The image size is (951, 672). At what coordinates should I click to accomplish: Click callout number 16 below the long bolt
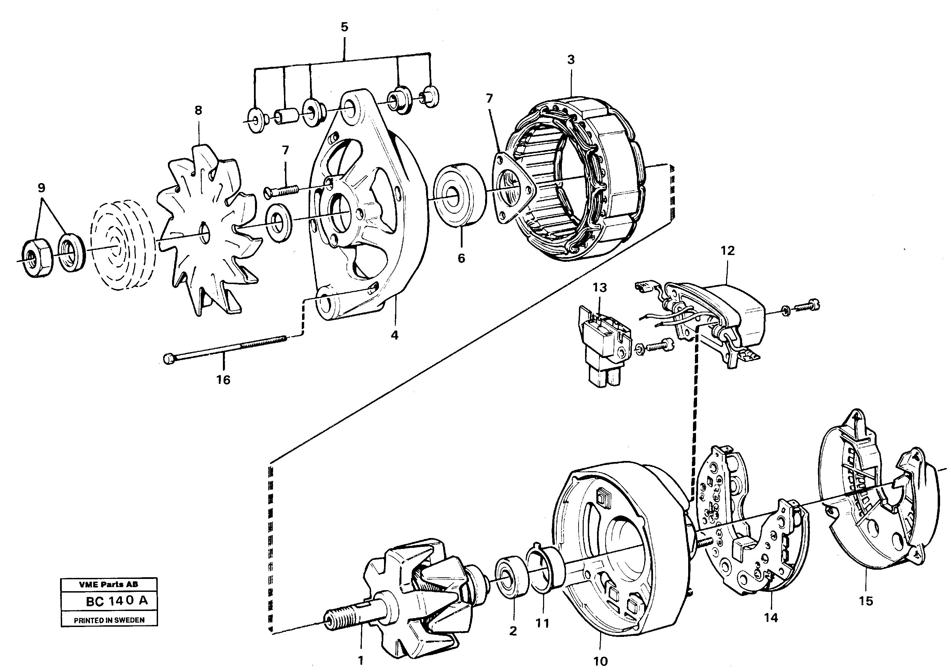point(223,379)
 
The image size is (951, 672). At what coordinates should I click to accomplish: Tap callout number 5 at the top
point(344,27)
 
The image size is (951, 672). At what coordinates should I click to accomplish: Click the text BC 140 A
point(116,601)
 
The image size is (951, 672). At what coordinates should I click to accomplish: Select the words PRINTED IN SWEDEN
point(109,620)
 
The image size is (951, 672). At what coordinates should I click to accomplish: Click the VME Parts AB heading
point(109,584)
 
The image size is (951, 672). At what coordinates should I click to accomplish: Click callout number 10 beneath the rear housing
point(600,661)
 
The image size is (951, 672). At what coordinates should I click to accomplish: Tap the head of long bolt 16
point(169,359)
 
